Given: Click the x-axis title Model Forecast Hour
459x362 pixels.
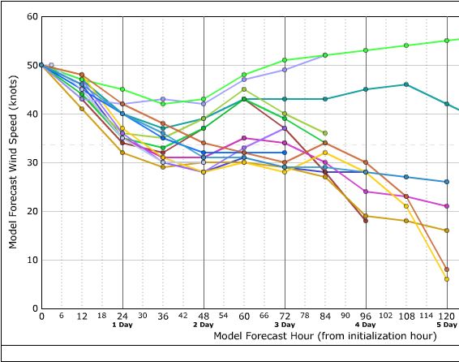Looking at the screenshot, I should click(325, 334).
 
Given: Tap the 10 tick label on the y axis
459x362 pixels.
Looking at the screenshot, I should click(32, 260).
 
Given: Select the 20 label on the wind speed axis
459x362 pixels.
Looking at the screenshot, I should click(32, 211).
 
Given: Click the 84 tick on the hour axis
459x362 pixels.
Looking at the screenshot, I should click(325, 316).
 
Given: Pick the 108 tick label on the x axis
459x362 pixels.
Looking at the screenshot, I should click(406, 316).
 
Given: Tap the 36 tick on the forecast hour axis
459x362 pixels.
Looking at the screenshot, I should click(163, 316).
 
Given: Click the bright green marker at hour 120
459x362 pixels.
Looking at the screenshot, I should click(447, 41).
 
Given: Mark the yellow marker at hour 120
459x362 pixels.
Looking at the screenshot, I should click(447, 279).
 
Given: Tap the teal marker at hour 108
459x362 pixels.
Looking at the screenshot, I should click(406, 84).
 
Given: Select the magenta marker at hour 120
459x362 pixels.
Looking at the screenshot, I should click(447, 206).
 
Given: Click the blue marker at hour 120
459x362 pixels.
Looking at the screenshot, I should click(447, 182).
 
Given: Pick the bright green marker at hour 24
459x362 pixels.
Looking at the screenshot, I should click(122, 89).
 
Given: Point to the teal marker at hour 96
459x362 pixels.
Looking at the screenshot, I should click(366, 89).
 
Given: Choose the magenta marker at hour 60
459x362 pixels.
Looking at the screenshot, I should click(244, 138).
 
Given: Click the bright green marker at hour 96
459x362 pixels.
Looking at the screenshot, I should click(366, 50).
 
